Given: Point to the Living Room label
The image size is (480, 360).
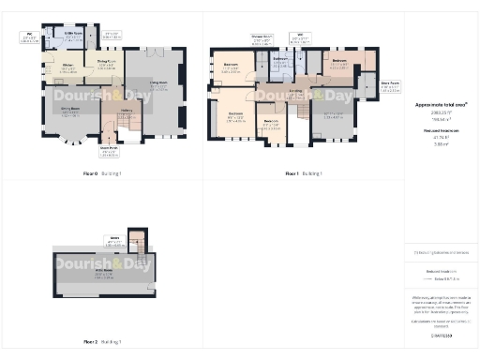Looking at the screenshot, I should pos(157,83).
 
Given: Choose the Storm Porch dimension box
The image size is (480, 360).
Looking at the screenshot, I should pos(110,147).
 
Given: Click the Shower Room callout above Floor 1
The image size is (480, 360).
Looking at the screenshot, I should pos(261,38).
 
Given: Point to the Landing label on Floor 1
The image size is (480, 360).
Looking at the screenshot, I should pos(295,91).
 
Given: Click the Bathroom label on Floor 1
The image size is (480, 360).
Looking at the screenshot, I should pos(279,60).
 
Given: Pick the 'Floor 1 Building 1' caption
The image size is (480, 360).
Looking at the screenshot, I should pos(303,174).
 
